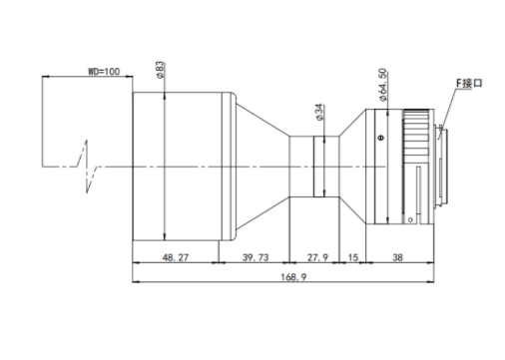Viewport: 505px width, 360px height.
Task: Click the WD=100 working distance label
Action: [x=104, y=72]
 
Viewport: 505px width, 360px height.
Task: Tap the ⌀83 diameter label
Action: [x=160, y=70]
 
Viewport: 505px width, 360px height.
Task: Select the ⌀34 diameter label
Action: [x=318, y=113]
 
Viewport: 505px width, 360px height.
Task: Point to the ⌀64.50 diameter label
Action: [x=383, y=85]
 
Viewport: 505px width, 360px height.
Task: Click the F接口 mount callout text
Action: [x=469, y=83]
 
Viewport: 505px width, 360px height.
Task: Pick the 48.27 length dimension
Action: [x=176, y=257]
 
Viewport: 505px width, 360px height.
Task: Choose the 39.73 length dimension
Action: [x=255, y=257]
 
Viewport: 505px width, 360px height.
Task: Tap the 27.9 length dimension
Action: [x=317, y=257]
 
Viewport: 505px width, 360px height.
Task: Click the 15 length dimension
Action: [x=353, y=257]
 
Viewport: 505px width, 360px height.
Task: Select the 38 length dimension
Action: [x=398, y=257]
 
